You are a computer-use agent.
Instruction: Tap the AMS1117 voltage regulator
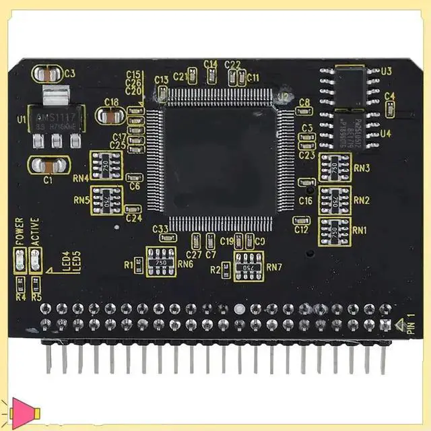[x=56, y=119]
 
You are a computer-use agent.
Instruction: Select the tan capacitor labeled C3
[x=51, y=73]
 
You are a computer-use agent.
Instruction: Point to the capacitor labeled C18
[x=111, y=116]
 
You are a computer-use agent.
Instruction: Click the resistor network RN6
[x=161, y=261]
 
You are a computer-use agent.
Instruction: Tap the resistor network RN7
[x=248, y=266]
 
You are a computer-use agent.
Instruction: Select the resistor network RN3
[x=335, y=167]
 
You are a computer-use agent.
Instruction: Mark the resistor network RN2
[x=335, y=199]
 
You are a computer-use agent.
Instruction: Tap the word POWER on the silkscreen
[x=20, y=231]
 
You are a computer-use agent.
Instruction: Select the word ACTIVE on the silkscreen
[x=34, y=231]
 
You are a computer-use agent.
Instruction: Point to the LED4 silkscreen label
[x=66, y=261]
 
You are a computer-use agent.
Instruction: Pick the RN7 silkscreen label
[x=274, y=267]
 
